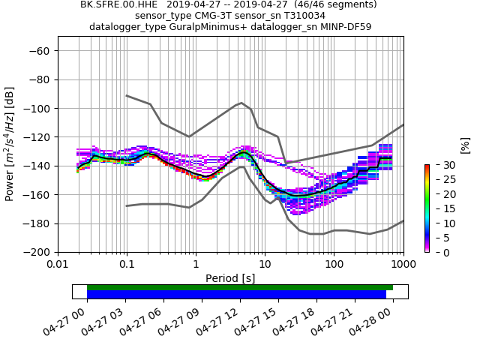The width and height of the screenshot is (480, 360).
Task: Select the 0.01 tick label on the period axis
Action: coord(58,265)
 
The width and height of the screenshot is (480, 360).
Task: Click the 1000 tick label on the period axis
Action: coord(403,265)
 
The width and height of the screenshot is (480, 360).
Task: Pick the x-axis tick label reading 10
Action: coord(265,265)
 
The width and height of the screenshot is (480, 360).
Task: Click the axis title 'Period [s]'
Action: coord(230,278)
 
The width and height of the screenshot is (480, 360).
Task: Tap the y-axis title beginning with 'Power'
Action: coord(10,144)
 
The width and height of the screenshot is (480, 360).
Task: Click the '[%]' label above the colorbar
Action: coord(465,145)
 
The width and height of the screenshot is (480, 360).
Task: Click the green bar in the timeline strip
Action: coord(240,287)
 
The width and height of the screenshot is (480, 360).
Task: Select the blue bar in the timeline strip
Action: coord(236,295)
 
